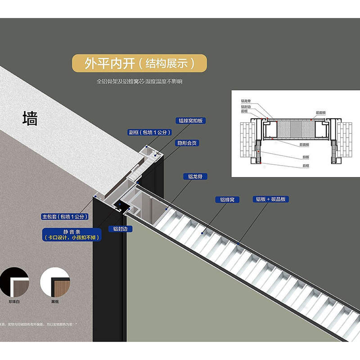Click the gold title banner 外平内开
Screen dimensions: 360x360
(139, 63)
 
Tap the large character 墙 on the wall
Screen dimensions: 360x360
(30, 118)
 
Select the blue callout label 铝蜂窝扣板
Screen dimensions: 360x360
(191, 121)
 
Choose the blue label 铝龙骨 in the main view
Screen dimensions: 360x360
(194, 176)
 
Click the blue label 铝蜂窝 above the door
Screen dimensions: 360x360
(227, 199)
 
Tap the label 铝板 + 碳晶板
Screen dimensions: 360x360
(271, 199)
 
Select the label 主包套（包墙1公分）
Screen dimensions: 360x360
(65, 216)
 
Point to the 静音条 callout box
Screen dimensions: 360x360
(72, 234)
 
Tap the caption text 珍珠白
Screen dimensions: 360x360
(14, 301)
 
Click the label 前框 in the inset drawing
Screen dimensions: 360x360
(244, 111)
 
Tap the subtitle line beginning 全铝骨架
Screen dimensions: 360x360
(139, 82)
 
